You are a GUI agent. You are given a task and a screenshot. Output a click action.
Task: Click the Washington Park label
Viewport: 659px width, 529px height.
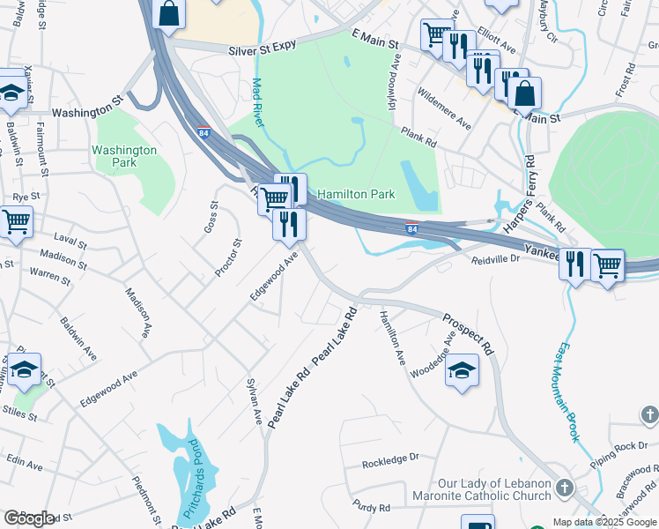pos(124,157)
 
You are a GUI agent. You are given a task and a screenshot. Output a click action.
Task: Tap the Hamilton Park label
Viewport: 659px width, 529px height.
pos(356,194)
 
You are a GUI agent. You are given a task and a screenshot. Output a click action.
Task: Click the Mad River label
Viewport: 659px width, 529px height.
pos(257,103)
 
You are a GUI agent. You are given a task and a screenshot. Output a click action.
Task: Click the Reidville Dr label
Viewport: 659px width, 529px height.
pos(497,260)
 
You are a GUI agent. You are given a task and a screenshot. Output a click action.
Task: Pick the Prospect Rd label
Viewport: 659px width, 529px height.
pos(469,334)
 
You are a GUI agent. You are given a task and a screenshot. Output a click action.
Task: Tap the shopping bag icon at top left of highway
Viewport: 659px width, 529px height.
pos(169,13)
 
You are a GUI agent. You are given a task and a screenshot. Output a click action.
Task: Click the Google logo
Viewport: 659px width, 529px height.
pos(29,518)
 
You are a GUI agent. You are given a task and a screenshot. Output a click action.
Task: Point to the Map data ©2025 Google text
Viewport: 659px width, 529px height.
pos(604,522)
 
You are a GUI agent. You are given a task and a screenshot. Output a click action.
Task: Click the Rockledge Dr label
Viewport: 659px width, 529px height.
pos(390,461)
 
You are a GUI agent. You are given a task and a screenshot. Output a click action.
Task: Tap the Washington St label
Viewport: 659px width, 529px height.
pos(85,112)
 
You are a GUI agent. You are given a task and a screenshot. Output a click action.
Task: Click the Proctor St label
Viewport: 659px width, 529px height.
pos(226,258)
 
